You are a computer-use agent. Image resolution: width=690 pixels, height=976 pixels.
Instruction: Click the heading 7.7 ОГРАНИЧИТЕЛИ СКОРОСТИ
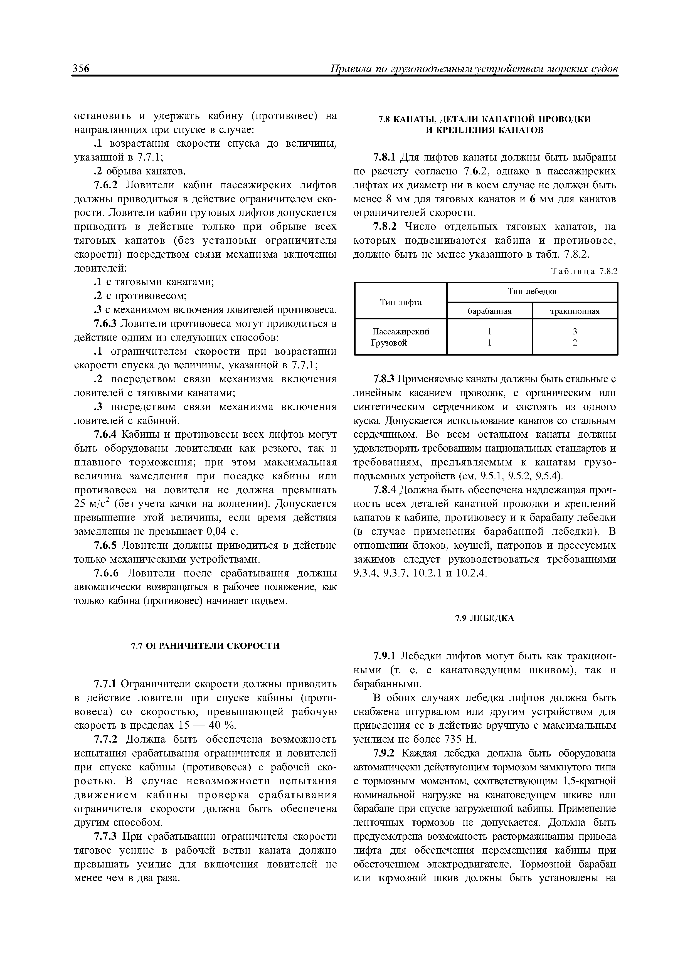pos(205,646)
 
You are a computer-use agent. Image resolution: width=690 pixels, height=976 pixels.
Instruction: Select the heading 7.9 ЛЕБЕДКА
pos(485,618)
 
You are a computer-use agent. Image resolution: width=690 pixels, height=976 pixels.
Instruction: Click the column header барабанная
pos(489,311)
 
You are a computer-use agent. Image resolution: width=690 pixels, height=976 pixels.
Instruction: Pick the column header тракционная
pos(575,311)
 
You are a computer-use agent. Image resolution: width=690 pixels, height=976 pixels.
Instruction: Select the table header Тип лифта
pos(400,302)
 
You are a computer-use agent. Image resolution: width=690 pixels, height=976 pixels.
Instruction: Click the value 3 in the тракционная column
pos(575,332)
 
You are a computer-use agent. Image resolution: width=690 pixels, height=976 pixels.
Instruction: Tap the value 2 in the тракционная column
pos(575,342)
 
